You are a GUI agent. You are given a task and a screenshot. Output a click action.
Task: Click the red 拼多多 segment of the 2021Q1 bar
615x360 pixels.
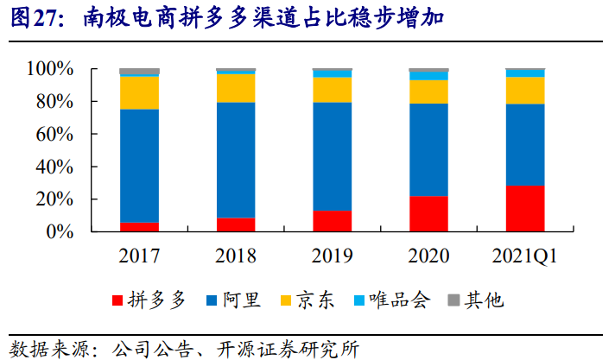click(x=525, y=209)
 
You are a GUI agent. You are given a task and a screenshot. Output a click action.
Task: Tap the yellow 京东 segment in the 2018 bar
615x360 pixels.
click(x=236, y=88)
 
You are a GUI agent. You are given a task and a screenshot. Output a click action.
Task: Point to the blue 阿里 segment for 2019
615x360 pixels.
click(x=333, y=156)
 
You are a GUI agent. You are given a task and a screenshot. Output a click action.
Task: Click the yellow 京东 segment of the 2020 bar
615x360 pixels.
click(x=428, y=92)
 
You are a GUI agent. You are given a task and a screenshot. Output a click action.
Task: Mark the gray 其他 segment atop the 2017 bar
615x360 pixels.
click(x=139, y=71)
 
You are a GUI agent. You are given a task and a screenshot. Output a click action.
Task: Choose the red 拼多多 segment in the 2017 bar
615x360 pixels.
click(x=139, y=227)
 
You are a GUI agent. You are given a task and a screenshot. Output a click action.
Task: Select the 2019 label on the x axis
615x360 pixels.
click(x=333, y=257)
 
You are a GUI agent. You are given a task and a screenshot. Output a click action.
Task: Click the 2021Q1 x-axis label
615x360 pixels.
click(x=525, y=257)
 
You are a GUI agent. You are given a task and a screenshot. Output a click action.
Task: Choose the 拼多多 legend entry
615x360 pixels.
click(x=149, y=300)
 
